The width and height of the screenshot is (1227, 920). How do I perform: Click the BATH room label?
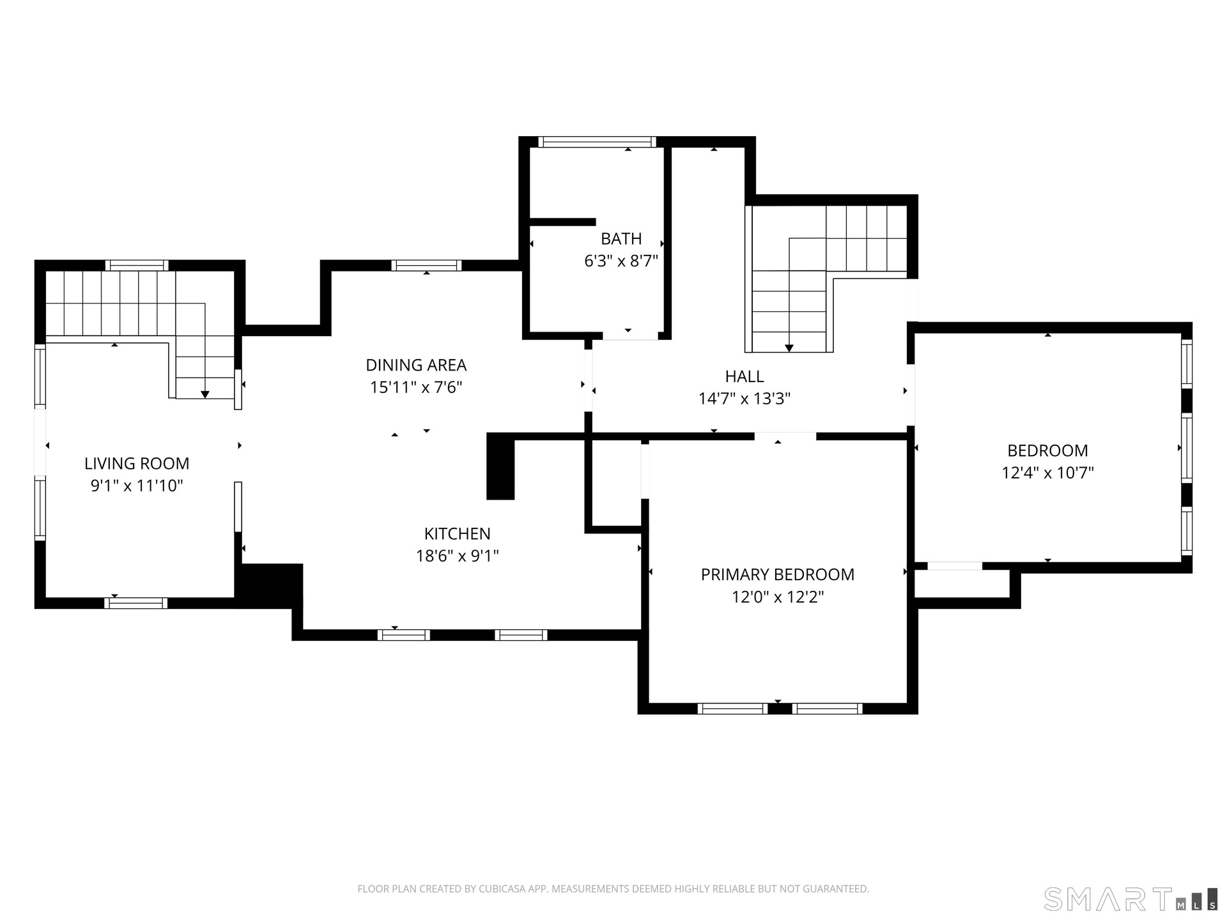621,239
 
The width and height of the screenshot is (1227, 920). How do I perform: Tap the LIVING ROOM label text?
137,463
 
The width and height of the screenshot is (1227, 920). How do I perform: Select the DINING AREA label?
416,365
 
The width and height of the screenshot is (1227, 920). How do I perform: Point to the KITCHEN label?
458,533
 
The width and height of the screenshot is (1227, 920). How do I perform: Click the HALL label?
745,376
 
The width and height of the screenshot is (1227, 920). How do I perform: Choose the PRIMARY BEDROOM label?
778,574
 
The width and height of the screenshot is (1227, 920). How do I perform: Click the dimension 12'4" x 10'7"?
1048,473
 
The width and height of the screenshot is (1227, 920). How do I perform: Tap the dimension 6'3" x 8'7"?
621,261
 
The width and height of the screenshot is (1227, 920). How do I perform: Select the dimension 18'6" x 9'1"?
458,556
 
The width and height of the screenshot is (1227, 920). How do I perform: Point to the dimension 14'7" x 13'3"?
745,399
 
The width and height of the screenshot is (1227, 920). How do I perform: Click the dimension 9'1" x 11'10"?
137,486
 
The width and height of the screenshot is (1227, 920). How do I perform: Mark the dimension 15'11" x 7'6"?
416,387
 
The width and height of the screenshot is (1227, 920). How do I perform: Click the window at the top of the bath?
598,142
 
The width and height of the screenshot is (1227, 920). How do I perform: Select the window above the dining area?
426,265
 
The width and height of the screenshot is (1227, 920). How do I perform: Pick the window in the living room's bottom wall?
136,603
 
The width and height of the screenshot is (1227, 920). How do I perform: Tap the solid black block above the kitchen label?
500,466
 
